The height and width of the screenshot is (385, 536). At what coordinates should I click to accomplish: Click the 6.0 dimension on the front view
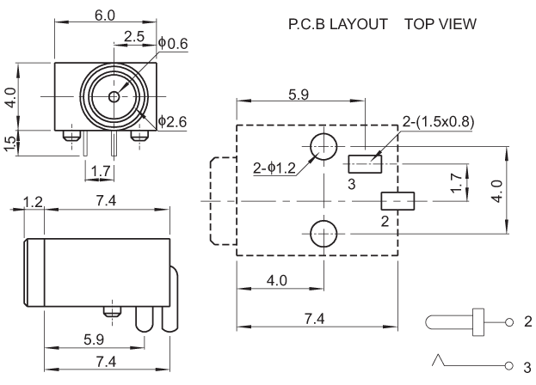pyautogui.click(x=104, y=16)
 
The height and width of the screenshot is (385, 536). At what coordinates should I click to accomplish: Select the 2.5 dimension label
pyautogui.click(x=134, y=36)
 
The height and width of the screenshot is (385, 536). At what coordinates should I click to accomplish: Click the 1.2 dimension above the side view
pyautogui.click(x=34, y=203)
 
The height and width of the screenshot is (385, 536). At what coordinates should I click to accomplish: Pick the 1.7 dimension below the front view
pyautogui.click(x=100, y=173)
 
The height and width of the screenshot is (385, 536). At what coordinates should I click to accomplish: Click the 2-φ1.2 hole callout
pyautogui.click(x=274, y=168)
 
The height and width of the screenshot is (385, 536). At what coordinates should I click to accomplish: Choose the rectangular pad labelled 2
pyautogui.click(x=397, y=200)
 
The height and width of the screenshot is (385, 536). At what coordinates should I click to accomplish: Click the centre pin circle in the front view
pyautogui.click(x=115, y=96)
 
